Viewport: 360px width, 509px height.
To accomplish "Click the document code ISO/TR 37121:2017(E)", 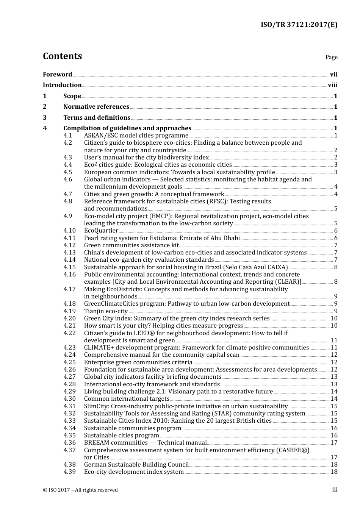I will tap(299, 25).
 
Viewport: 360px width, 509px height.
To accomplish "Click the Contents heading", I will tap(62, 56).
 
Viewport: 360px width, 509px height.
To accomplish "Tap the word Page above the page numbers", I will tap(331, 57).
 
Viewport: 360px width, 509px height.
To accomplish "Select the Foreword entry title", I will tap(57, 75).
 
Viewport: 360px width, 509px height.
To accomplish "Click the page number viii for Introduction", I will tap(332, 85).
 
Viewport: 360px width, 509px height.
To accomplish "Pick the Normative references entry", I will tap(96, 107).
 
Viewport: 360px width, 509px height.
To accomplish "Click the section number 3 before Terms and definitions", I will tap(45, 118).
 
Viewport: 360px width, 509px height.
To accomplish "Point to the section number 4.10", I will tap(69, 231).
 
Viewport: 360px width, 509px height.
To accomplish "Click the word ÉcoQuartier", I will tap(101, 231).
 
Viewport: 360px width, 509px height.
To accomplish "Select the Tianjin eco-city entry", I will tap(106, 311).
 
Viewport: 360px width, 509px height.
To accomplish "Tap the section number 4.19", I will tap(69, 311).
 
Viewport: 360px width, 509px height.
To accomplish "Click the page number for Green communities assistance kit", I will tap(335, 245).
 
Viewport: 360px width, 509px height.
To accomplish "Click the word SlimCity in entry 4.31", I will tap(97, 406).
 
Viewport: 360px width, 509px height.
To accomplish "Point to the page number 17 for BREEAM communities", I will tap(334, 443).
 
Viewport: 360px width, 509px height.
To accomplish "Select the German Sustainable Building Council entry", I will tap(136, 465).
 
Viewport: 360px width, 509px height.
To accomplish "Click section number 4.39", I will tap(69, 472).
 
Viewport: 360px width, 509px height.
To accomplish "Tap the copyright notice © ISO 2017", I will tap(80, 490).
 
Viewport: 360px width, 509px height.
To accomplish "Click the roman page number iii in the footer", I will tap(335, 490).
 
